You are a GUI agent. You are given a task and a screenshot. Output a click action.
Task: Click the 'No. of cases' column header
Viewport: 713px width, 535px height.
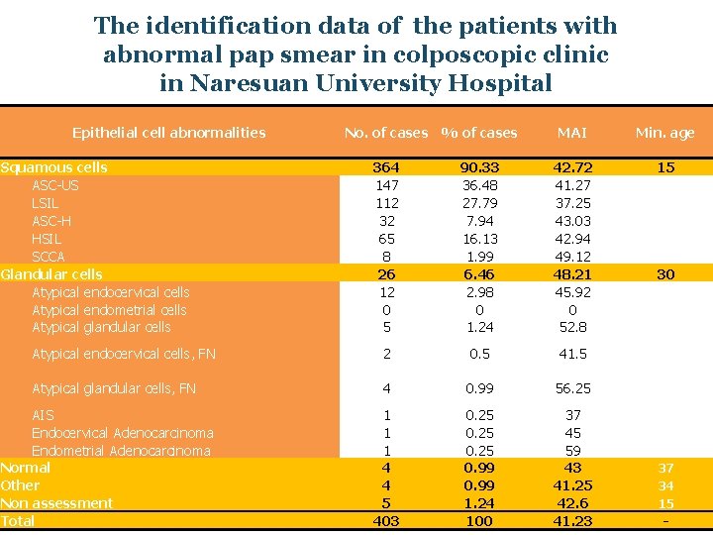(385, 133)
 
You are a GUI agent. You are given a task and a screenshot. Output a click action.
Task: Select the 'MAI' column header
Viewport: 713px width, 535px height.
(571, 133)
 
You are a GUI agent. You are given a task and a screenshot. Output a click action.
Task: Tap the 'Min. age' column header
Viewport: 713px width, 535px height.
(664, 133)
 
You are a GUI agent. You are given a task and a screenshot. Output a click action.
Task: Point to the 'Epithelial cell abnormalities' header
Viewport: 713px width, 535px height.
(168, 132)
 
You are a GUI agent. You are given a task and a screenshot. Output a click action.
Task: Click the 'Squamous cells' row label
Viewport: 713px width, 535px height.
(54, 167)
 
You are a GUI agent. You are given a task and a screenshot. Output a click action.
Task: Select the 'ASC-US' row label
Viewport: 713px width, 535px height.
(55, 185)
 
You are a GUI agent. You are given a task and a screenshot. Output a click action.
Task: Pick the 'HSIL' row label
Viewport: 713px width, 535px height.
(47, 239)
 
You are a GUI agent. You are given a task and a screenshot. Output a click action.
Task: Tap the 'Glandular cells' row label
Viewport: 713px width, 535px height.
(51, 274)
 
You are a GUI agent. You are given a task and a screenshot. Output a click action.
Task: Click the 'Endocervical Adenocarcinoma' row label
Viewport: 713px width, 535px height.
(122, 433)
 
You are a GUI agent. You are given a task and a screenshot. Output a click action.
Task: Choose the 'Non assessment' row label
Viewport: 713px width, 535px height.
(56, 503)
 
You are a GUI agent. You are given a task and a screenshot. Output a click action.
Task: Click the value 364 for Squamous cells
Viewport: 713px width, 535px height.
(385, 167)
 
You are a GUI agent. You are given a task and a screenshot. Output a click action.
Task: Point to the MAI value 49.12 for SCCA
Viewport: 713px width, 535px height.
(571, 257)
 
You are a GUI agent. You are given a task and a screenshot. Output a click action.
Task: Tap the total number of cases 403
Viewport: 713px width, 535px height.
(385, 521)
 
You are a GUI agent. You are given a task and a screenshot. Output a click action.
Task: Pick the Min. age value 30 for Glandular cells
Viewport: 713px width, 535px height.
(665, 274)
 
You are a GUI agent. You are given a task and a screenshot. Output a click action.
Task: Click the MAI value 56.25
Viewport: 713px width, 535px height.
(571, 388)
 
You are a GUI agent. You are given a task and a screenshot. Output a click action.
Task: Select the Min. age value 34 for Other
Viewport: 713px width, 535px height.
(665, 485)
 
